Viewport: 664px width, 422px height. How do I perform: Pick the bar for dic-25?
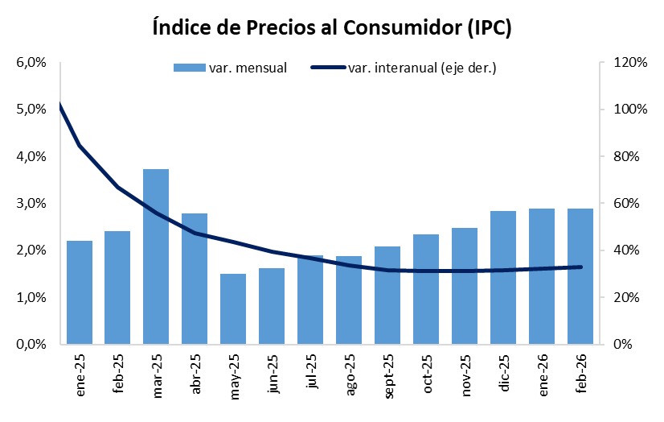click(503, 277)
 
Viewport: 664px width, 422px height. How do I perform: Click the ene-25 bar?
click(79, 292)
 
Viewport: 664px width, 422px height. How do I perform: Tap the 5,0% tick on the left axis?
click(30, 110)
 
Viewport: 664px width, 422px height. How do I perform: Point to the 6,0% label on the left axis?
click(30, 63)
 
